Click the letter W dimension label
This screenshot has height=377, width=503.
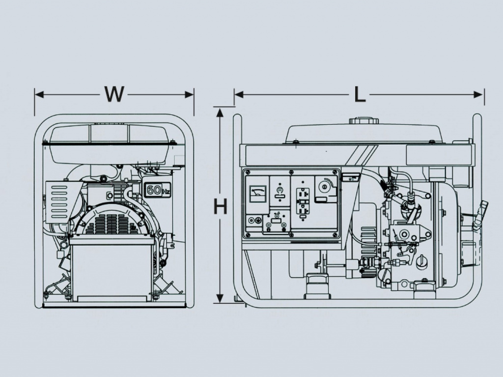pyautogui.click(x=114, y=94)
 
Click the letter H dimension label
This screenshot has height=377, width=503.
pyautogui.click(x=221, y=206)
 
